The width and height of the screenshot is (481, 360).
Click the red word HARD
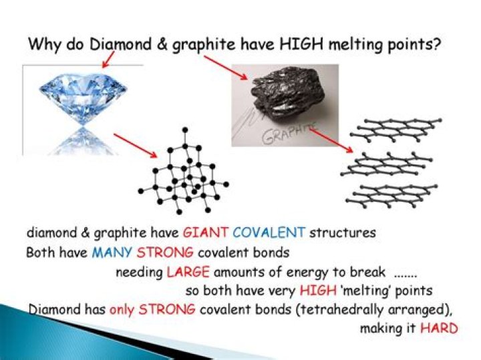[x=439, y=329]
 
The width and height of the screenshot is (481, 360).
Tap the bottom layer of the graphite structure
[x=394, y=194]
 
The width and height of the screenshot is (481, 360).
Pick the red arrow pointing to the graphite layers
[x=331, y=141]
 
